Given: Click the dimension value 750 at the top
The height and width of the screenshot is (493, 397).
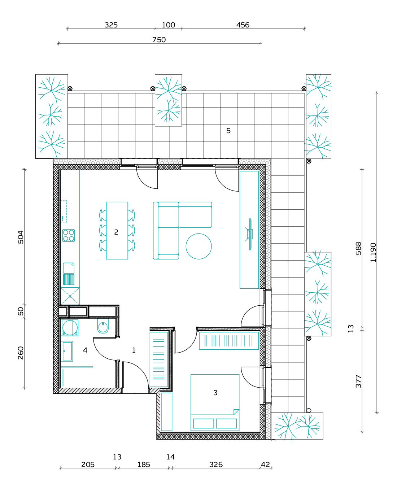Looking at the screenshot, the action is tap(159, 40).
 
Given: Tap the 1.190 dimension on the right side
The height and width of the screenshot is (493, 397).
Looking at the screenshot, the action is tap(373, 253).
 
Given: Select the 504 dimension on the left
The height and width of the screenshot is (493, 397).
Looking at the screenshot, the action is tap(21, 237).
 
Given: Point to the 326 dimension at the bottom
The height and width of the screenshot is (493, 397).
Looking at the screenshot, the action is tap(216, 464).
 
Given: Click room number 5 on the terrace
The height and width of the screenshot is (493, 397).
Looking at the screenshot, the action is tap(228, 131).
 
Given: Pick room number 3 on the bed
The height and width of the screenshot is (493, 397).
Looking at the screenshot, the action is tap(215, 393).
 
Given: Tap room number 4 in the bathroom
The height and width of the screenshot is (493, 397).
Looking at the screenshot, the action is tap(85, 350).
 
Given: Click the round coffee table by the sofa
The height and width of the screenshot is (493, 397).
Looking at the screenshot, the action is tap(198, 246).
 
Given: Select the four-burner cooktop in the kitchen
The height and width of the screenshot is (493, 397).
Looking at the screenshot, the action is tap(69, 236).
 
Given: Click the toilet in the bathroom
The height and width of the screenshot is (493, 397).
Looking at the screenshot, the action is tap(103, 326).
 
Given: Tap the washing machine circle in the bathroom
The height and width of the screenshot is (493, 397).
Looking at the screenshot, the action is tap(70, 328).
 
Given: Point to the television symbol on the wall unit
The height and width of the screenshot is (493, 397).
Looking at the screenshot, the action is tap(249, 234).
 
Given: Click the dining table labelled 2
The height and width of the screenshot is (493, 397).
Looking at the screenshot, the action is tap(117, 231).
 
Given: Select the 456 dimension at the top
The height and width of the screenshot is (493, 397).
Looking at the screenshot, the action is tap(243, 25).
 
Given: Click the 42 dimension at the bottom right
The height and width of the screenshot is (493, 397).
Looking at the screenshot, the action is tap(265, 464).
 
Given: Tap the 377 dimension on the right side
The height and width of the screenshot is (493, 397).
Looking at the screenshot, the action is tap(358, 381).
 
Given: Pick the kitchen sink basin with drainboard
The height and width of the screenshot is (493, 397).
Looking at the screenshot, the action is tap(69, 274).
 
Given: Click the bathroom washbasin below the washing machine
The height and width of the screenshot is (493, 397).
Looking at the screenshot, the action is tap(67, 351).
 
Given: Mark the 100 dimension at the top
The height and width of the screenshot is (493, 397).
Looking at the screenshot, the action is tap(169, 25).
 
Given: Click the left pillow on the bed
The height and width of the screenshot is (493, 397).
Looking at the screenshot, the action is tap(204, 423).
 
